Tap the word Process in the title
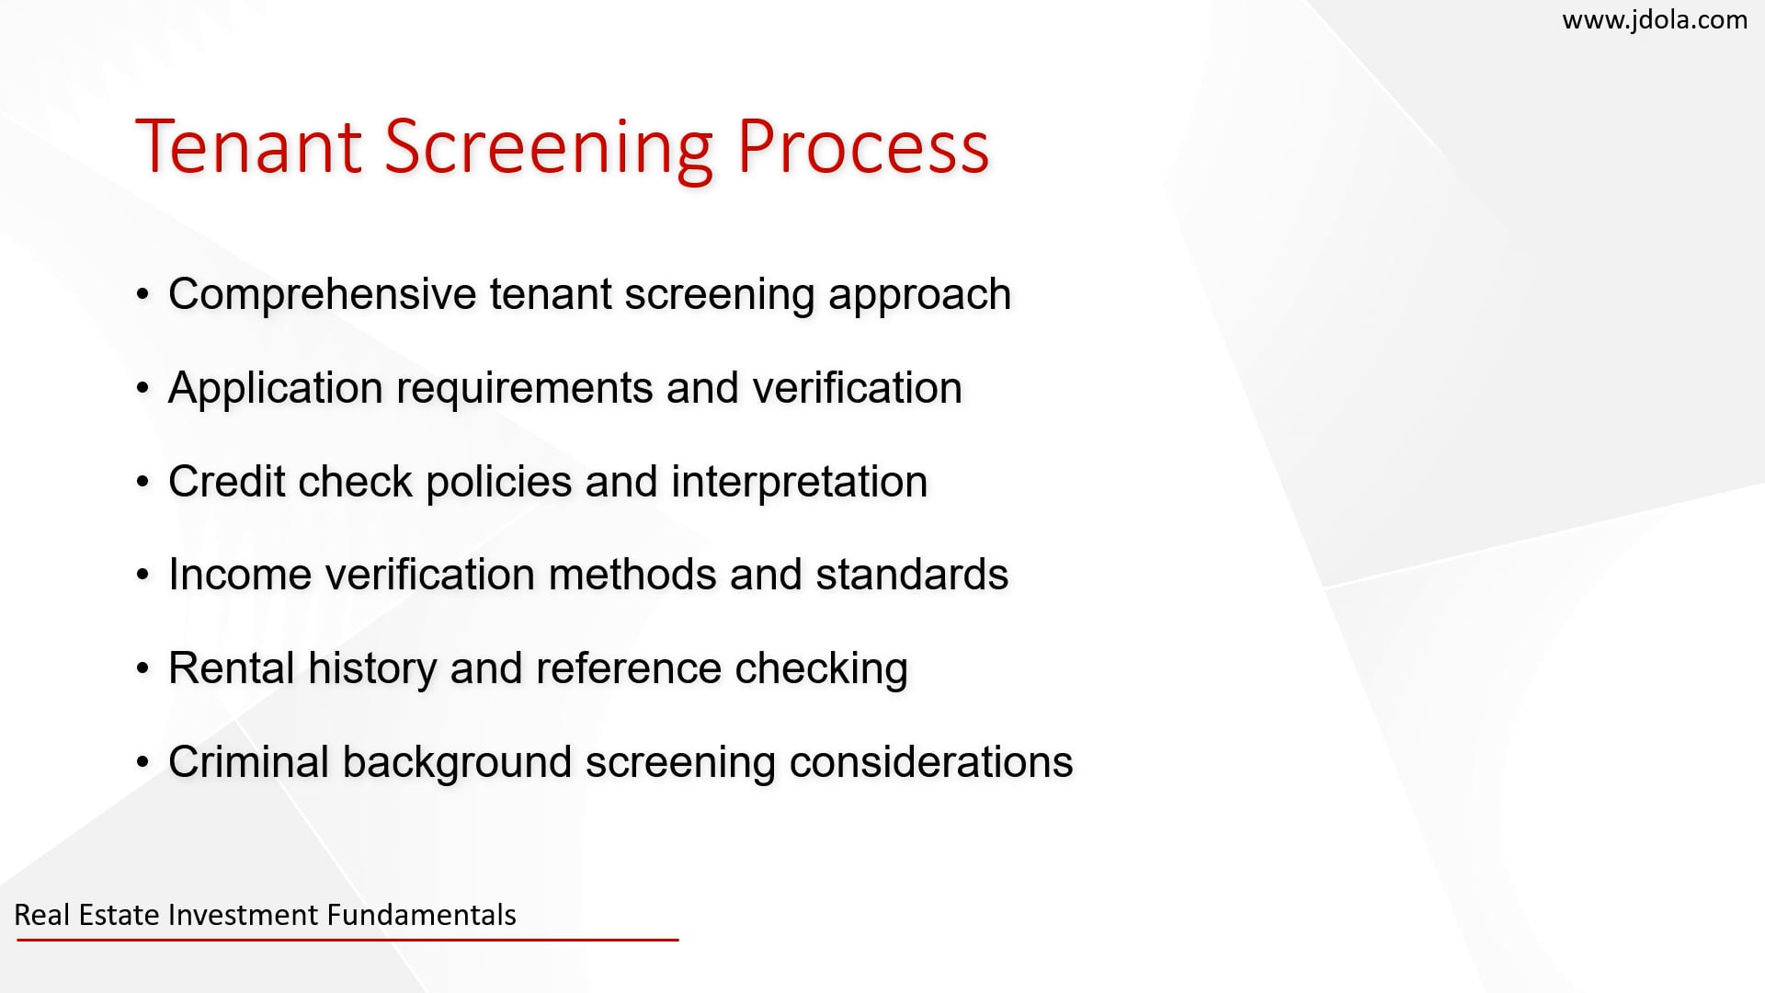click(863, 146)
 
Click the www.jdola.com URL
click(1655, 20)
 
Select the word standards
click(912, 575)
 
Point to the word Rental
click(232, 668)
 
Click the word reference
click(629, 668)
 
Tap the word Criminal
click(249, 762)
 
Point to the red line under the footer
click(347, 940)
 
